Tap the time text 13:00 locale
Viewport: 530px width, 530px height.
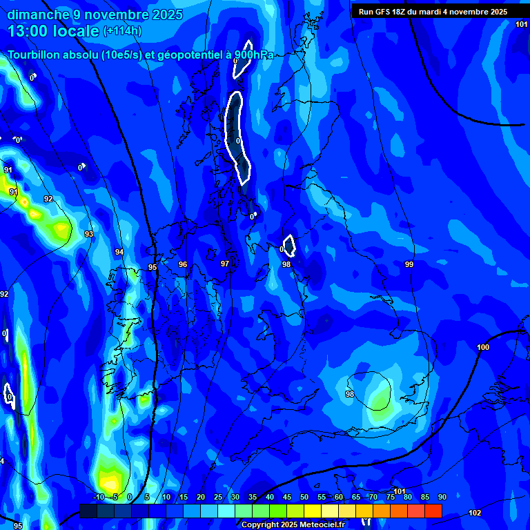click(x=54, y=31)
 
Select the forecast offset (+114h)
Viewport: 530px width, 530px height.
click(x=123, y=31)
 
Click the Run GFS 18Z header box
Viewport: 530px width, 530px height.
click(x=433, y=12)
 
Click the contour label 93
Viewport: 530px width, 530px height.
click(x=89, y=235)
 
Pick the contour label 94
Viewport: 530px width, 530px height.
click(x=119, y=253)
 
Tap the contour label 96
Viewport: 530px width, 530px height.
click(x=183, y=264)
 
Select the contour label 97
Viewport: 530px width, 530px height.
click(x=225, y=264)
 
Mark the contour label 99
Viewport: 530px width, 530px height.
click(x=409, y=265)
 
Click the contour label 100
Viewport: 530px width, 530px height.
click(x=483, y=347)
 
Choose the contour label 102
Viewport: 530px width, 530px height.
click(x=475, y=513)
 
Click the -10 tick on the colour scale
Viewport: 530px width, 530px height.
click(x=99, y=497)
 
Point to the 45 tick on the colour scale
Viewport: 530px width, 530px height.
click(x=286, y=497)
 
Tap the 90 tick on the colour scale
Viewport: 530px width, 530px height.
click(x=442, y=497)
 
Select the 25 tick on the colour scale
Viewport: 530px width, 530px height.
click(x=217, y=497)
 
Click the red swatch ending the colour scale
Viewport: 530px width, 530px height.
click(x=433, y=511)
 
